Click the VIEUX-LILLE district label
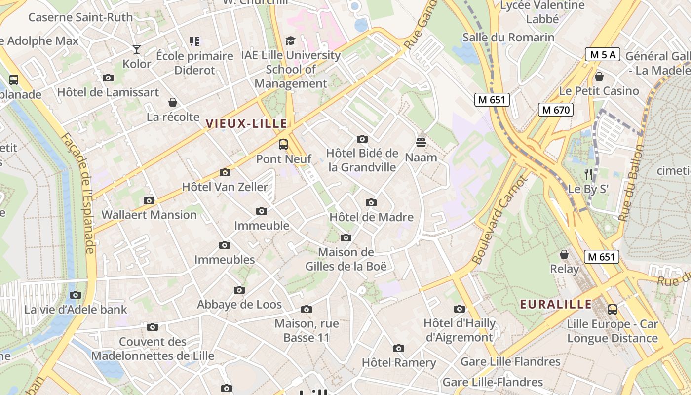[x=246, y=123]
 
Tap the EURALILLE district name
[x=556, y=304]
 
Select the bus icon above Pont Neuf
[x=283, y=145]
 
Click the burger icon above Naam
[x=421, y=143]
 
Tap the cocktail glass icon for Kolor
[x=137, y=49]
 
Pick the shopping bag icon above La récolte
[x=173, y=102]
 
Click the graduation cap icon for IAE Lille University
[x=291, y=41]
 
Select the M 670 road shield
[x=555, y=110]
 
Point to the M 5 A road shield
[x=602, y=54]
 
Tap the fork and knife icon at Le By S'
[x=588, y=174]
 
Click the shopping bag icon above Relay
[x=564, y=254]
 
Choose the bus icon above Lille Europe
[x=613, y=310]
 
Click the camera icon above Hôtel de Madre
[x=371, y=202]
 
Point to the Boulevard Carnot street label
[x=500, y=220]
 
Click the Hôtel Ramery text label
[x=399, y=363]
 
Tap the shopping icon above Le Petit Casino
[x=599, y=77]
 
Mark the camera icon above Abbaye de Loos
[x=239, y=290]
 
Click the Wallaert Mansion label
[x=149, y=215]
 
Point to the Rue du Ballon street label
[x=631, y=183]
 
